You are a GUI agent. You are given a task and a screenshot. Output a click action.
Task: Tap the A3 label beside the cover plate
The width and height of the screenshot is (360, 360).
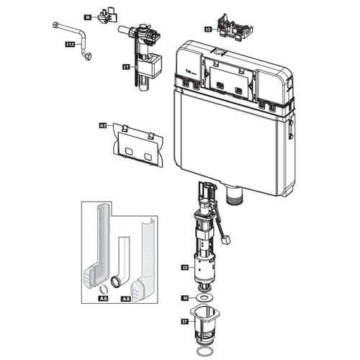pyautogui.click(x=102, y=125)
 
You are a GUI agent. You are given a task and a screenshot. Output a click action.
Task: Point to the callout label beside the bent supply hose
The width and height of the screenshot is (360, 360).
pyautogui.click(x=70, y=44)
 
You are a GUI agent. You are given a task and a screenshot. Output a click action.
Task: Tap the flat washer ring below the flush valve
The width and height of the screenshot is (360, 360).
pyautogui.click(x=205, y=297)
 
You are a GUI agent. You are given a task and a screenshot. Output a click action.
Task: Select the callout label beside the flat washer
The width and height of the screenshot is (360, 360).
pyautogui.click(x=185, y=297)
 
